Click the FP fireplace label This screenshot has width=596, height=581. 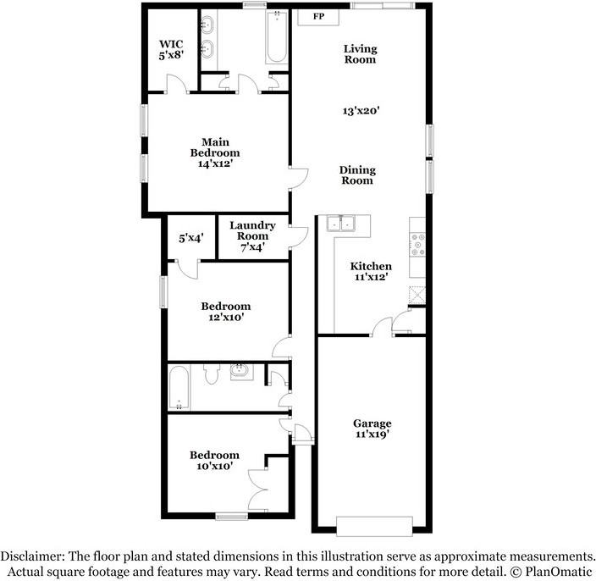point(318,16)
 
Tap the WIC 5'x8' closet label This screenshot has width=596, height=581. point(171,49)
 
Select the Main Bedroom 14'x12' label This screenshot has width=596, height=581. point(215,152)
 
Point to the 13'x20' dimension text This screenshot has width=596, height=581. point(361,111)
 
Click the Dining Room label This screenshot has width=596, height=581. point(357,175)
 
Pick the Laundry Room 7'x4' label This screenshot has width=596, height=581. point(252,235)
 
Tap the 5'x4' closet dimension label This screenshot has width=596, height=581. point(191,238)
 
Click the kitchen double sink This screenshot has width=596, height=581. point(340,224)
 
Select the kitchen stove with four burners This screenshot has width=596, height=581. point(417,244)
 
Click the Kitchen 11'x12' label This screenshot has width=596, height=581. point(371,271)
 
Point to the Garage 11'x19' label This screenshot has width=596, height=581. point(372,429)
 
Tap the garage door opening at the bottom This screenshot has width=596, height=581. point(374,526)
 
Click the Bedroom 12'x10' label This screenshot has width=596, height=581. point(226,312)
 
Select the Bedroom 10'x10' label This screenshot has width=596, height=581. point(214,461)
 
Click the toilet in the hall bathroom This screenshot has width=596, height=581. point(212,373)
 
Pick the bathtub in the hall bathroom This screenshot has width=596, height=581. point(179,387)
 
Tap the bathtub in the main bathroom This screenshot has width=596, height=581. point(276,37)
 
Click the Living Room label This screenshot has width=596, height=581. point(361,54)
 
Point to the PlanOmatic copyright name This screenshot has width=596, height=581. point(559,572)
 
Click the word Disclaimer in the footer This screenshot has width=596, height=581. point(32,556)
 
